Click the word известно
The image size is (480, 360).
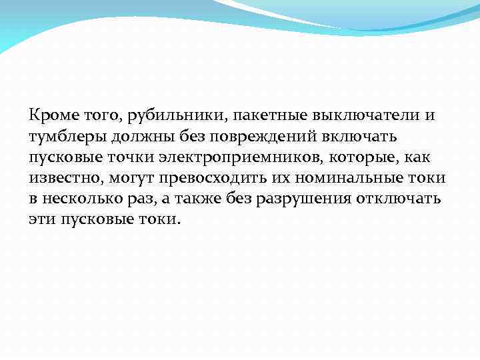point(63,179)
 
